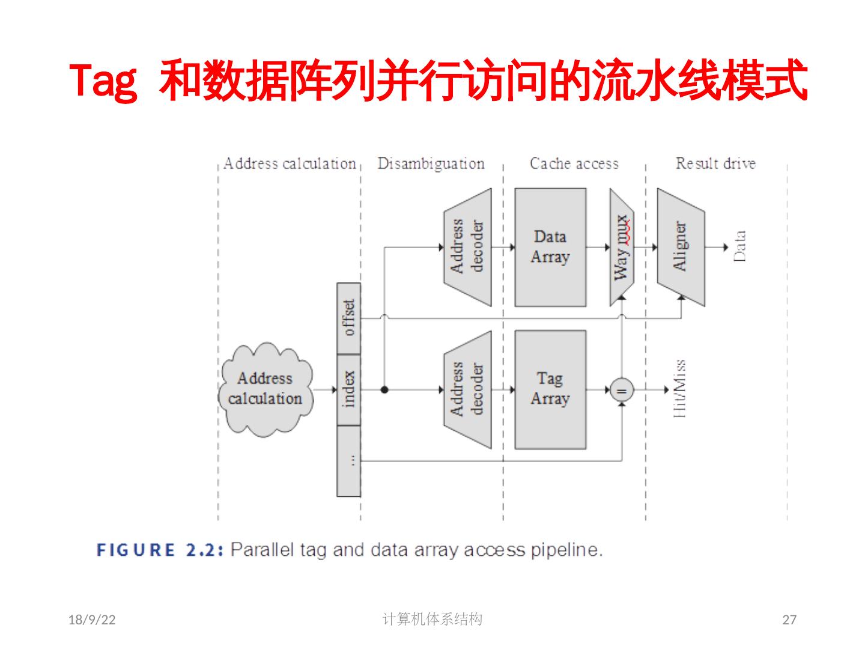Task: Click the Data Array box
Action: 550,247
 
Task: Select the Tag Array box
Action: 550,389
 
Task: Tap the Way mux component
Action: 622,247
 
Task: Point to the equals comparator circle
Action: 622,391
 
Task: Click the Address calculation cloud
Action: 266,389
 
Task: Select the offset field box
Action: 348,318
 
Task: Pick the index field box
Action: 348,389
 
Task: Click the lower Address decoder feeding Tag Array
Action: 467,389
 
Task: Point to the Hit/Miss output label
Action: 680,389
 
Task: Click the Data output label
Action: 740,246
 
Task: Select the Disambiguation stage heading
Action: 431,163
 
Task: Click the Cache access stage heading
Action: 574,163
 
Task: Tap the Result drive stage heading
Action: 715,163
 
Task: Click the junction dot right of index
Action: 384,390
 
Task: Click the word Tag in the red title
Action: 103,81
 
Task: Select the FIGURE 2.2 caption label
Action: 160,550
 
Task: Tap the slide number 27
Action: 789,620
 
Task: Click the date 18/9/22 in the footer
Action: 92,620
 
